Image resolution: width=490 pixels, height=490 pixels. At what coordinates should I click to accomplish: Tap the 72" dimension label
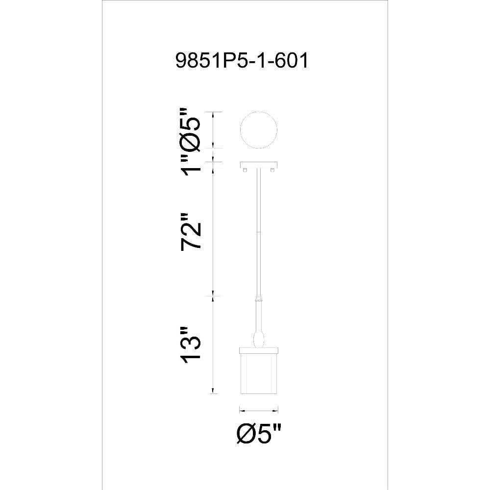click(190, 232)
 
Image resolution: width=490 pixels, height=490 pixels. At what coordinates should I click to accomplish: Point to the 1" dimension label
click(190, 164)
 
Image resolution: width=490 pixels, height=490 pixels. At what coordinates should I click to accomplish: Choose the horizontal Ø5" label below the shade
click(259, 434)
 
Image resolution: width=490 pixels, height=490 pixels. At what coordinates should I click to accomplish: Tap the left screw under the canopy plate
click(245, 170)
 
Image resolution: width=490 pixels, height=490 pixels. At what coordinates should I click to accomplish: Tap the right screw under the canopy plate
click(272, 170)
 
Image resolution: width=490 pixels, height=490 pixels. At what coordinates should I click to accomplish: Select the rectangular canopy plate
click(259, 165)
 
